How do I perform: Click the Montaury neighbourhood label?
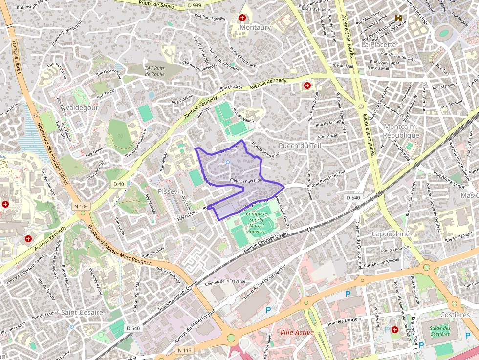[x=255, y=28]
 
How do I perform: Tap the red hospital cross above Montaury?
[x=242, y=18]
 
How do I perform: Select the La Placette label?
[x=379, y=44]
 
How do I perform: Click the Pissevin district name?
[x=171, y=191]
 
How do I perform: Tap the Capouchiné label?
[x=391, y=234]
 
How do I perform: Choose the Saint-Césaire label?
[x=82, y=312]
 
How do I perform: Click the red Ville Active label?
[x=297, y=332]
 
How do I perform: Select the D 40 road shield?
[x=119, y=184]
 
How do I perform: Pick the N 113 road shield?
[x=185, y=350]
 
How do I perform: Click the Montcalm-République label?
[x=401, y=131]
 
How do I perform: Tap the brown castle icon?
[x=397, y=18]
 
